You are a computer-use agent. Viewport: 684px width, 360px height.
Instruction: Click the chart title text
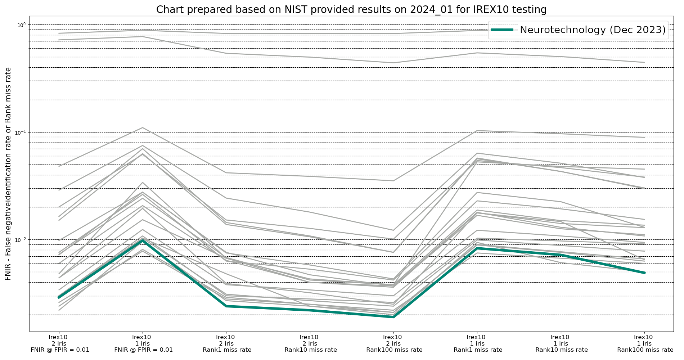tap(351, 10)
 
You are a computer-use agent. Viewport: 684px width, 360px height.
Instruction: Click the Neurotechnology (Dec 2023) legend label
tap(593, 30)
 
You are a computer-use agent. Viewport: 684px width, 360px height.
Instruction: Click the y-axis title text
tap(8, 174)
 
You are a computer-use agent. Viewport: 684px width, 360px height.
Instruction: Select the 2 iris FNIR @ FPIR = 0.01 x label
tap(60, 343)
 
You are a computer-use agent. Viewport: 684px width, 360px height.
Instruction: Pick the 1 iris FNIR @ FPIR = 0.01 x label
tap(143, 343)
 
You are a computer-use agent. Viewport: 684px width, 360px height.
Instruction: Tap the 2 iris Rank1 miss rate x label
tap(227, 343)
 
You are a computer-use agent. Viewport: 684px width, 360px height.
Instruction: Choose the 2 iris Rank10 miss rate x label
tap(310, 343)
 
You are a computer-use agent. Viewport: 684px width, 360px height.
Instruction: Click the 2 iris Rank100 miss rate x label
tap(394, 343)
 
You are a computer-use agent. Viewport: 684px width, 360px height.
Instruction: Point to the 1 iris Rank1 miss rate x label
tap(477, 343)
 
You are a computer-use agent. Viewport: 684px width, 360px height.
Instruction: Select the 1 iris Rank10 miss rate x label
tap(561, 343)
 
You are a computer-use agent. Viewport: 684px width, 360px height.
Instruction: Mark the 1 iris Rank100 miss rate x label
tap(644, 343)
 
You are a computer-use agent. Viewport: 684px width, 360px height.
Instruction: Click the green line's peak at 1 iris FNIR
tap(143, 240)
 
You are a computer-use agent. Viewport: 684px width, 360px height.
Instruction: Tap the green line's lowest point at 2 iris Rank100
tap(393, 317)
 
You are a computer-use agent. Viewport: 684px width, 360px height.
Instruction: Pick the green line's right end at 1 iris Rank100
tap(644, 273)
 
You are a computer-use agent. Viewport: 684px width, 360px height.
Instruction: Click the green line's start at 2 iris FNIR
tap(59, 297)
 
